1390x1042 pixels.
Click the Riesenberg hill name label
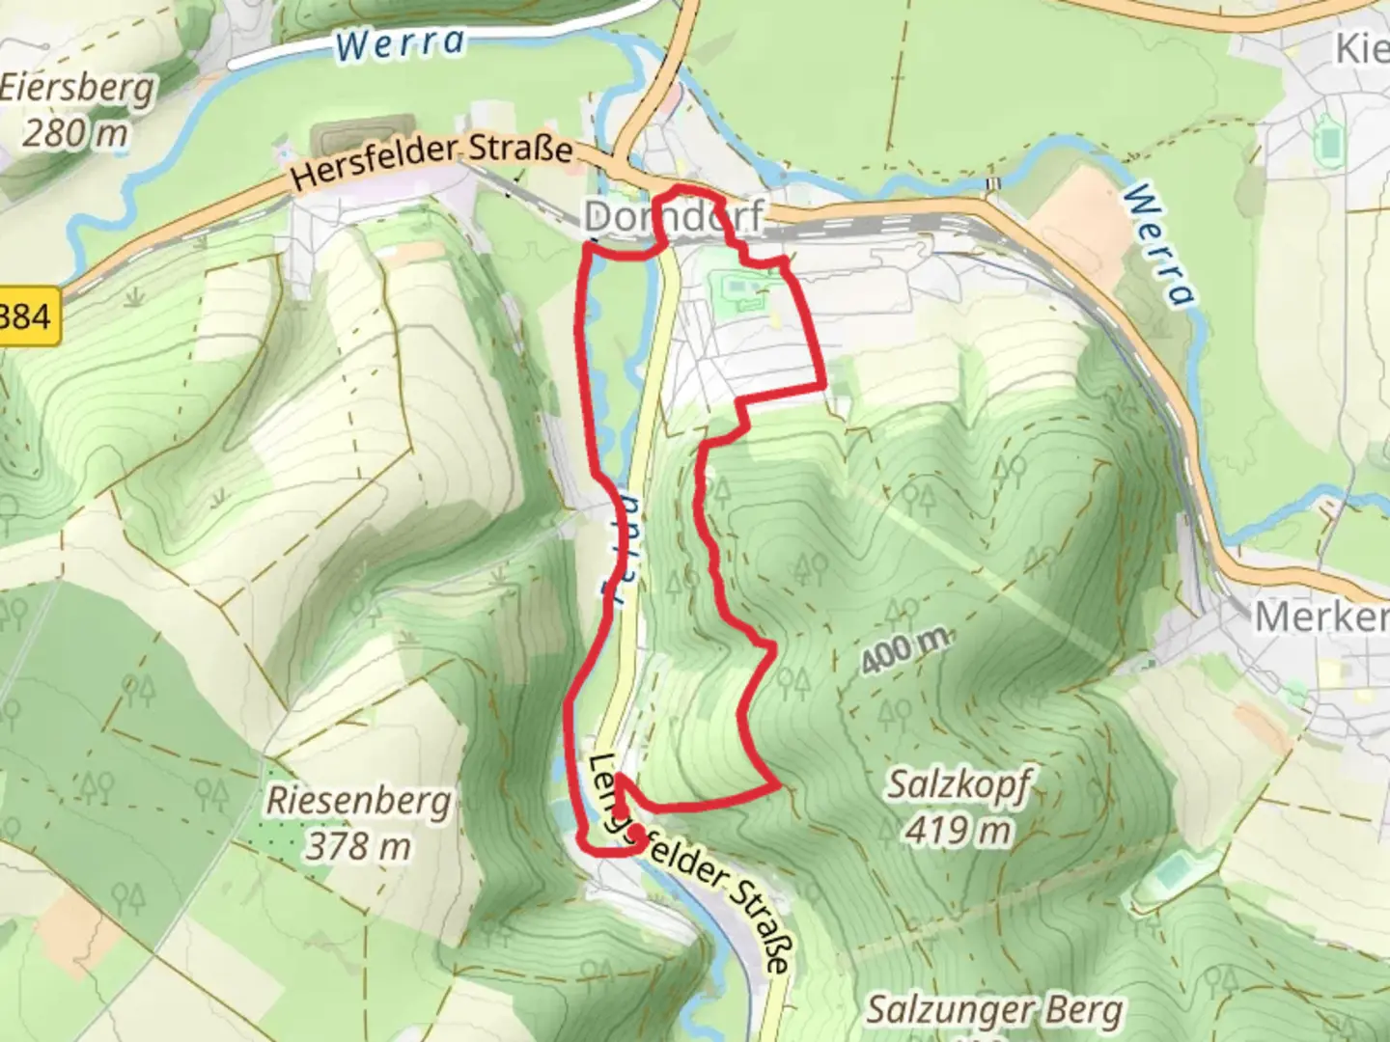coord(358,802)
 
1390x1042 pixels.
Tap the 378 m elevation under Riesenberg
coord(358,846)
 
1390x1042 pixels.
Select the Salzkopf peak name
coord(959,786)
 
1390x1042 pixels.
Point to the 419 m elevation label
coord(959,830)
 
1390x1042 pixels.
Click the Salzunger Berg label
coord(994,1011)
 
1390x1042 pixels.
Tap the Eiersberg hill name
coord(77,89)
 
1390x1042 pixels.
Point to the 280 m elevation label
coord(74,132)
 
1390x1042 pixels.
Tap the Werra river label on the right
coord(1158,245)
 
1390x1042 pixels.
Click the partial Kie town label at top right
coord(1361,48)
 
